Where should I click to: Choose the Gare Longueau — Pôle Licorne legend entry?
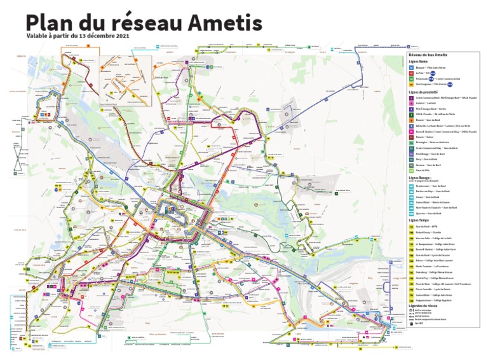[432, 83]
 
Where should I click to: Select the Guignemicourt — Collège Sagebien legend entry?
[435, 300]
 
